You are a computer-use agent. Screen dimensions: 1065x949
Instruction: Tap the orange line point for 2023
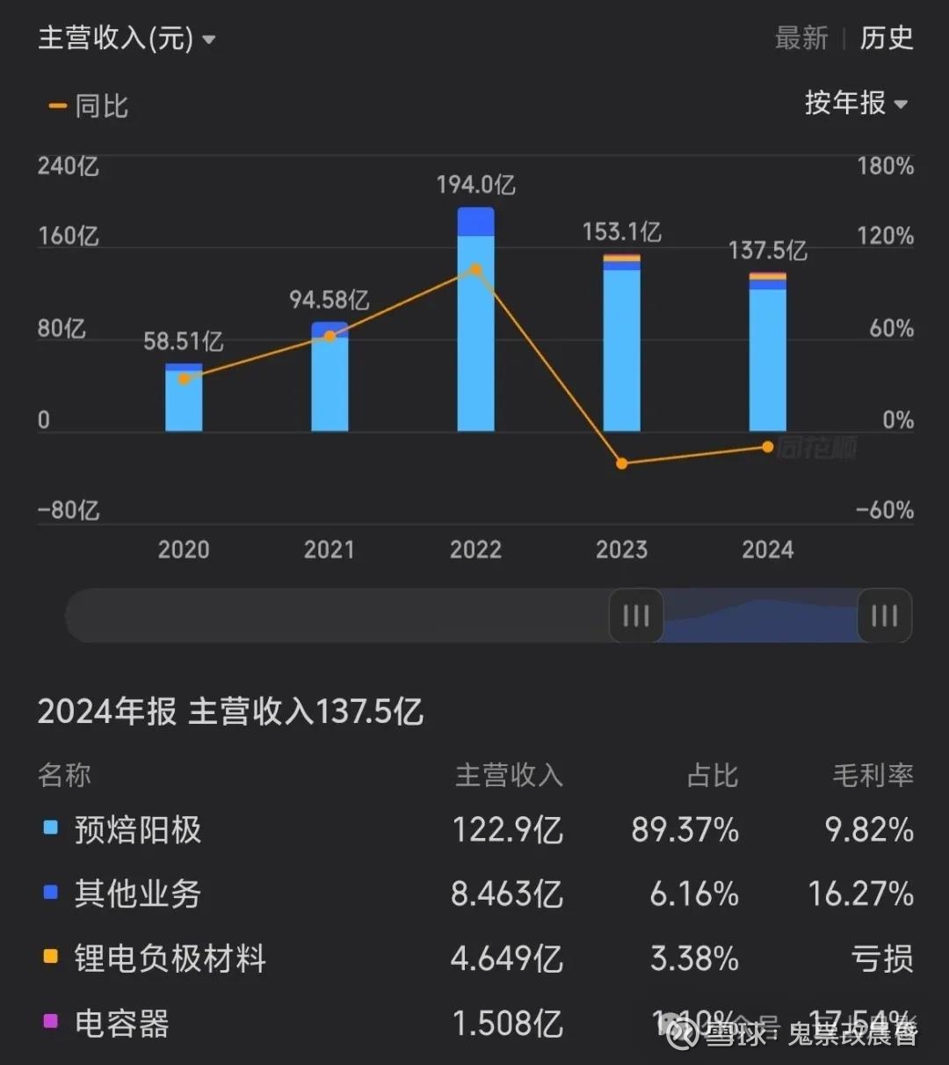pyautogui.click(x=622, y=463)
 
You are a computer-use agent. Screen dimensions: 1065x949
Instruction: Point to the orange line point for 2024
pyautogui.click(x=768, y=447)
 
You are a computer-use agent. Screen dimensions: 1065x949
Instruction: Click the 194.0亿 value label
pyautogui.click(x=475, y=185)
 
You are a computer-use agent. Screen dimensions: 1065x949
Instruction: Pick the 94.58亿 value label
pyautogui.click(x=330, y=300)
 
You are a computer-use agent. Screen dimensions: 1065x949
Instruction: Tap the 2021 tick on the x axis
pyautogui.click(x=330, y=550)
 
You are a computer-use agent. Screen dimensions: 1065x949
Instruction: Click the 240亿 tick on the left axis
pyautogui.click(x=69, y=165)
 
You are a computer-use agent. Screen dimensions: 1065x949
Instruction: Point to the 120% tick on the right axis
pyautogui.click(x=885, y=236)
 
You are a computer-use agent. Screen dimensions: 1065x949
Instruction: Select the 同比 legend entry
pyautogui.click(x=90, y=106)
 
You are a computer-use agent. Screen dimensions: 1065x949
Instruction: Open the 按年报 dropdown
pyautogui.click(x=856, y=104)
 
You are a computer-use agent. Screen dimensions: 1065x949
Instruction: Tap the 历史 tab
pyautogui.click(x=887, y=38)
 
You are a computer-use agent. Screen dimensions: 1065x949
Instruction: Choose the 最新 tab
pyautogui.click(x=801, y=38)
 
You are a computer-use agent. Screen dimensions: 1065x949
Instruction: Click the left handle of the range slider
pyautogui.click(x=635, y=616)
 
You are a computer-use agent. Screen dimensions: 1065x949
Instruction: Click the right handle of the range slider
pyautogui.click(x=884, y=616)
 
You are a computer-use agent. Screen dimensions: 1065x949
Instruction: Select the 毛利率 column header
pyautogui.click(x=873, y=775)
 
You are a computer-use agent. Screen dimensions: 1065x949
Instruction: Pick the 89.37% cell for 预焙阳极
pyautogui.click(x=685, y=829)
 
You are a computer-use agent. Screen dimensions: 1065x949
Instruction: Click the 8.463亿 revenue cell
pyautogui.click(x=507, y=894)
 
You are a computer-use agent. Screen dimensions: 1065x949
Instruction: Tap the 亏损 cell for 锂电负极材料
pyautogui.click(x=882, y=959)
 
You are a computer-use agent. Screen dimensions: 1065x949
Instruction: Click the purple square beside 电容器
pyautogui.click(x=51, y=1021)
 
